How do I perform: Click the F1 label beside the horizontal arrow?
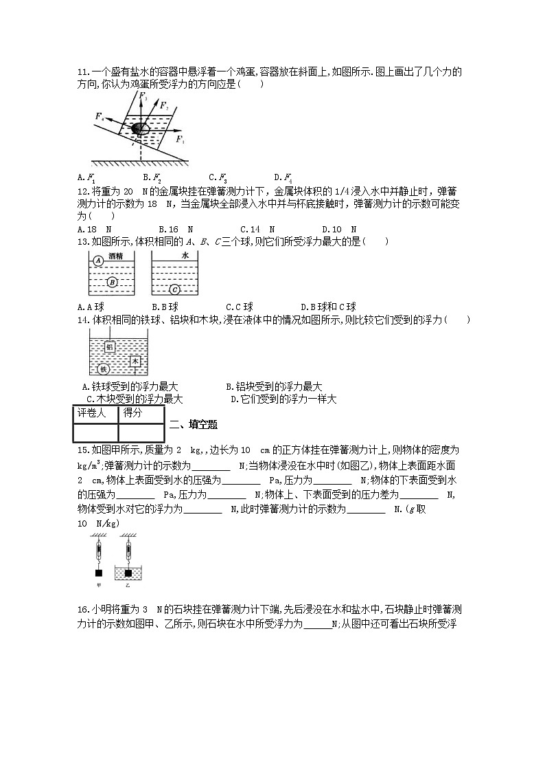point(180,140)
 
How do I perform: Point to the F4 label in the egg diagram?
point(100,116)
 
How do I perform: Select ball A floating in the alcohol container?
point(98,261)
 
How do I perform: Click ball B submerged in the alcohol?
point(113,282)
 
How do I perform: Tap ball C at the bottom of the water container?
point(174,289)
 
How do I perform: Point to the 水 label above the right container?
point(184,255)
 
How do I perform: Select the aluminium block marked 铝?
point(109,346)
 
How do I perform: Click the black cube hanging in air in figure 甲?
point(99,573)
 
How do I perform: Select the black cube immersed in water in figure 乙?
point(128,573)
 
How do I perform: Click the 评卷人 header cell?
point(95,413)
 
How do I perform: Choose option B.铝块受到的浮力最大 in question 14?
point(274,387)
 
